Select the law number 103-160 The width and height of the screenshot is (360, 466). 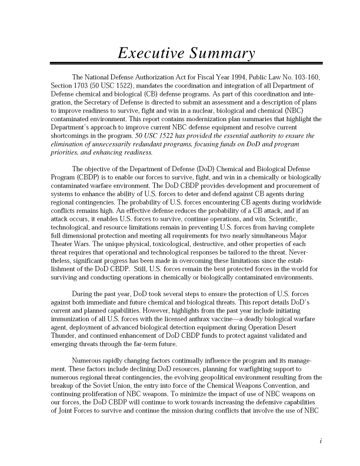(x=306, y=78)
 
